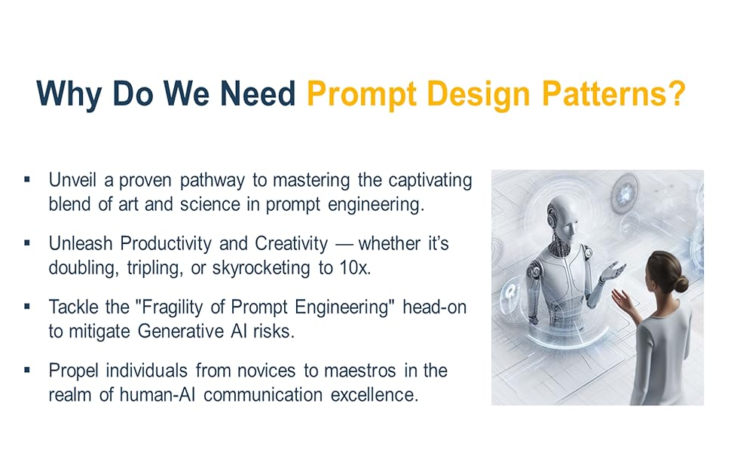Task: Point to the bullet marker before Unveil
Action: click(27, 180)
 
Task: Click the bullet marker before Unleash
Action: click(27, 243)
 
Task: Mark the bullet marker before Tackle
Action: click(27, 307)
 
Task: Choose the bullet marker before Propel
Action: click(27, 370)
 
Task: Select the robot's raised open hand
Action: click(613, 270)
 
